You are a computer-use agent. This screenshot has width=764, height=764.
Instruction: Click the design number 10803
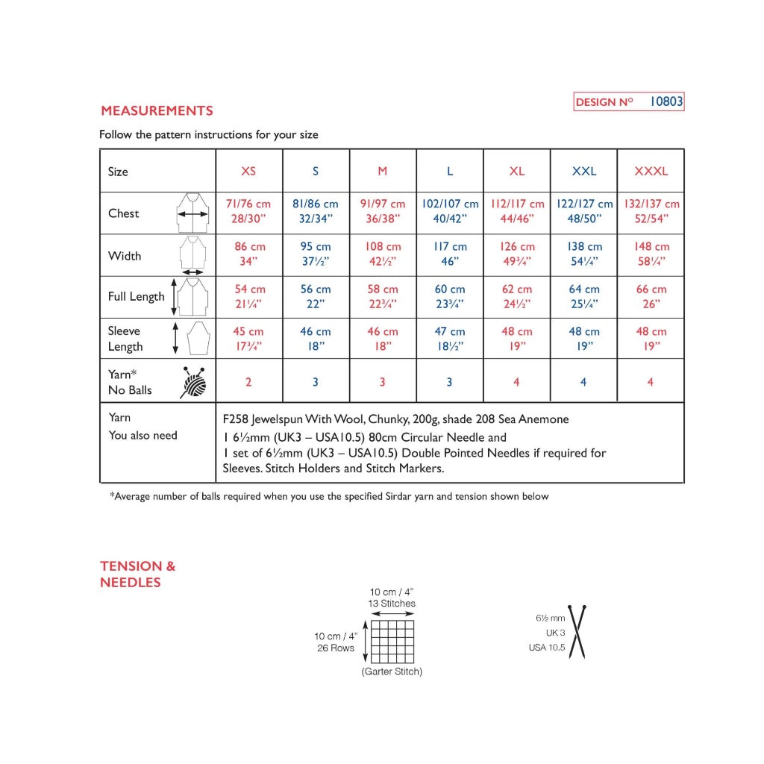[666, 101]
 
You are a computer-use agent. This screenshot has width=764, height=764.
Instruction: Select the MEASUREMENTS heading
[157, 111]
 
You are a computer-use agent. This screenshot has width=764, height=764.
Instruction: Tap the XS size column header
[248, 171]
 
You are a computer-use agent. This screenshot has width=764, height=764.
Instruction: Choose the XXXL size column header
[651, 171]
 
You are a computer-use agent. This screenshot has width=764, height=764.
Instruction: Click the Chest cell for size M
[383, 212]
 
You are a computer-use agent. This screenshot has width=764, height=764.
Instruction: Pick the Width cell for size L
[450, 254]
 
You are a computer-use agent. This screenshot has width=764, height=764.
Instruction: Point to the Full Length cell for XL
[517, 297]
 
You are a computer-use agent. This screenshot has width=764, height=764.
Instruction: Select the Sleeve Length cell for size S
[316, 339]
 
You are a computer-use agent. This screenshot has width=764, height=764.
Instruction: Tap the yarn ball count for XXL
[583, 382]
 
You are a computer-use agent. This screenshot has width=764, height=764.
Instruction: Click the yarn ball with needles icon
[193, 382]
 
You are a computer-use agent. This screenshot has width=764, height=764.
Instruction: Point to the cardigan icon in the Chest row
[192, 213]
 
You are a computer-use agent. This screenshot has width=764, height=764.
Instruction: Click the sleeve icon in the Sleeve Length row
[195, 339]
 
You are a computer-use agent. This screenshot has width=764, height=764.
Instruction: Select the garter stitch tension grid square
[392, 640]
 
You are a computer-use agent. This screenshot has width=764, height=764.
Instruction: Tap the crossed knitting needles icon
[577, 630]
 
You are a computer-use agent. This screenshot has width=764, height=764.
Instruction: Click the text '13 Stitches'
[392, 604]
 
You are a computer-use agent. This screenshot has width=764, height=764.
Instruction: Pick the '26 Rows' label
[336, 648]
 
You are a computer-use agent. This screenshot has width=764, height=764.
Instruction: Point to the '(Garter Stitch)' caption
[392, 671]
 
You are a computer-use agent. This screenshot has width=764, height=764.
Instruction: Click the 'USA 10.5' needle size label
[546, 648]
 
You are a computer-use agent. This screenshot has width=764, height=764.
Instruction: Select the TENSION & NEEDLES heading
[138, 574]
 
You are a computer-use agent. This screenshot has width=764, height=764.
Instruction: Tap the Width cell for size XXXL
[651, 254]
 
